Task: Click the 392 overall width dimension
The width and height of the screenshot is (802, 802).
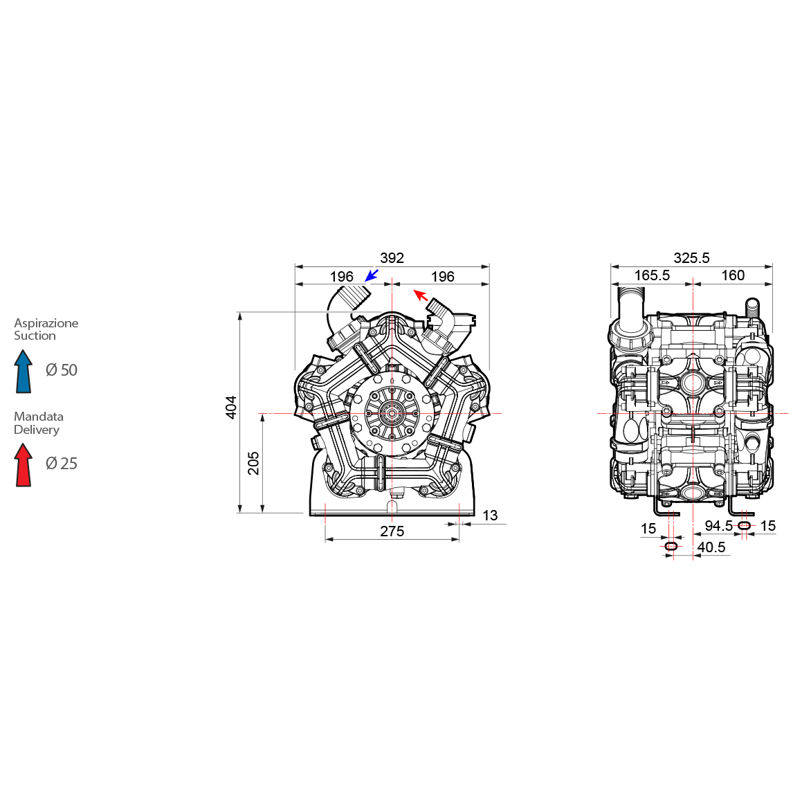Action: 392,258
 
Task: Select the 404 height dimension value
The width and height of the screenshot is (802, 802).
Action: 231,407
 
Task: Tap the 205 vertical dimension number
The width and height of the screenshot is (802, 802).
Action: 253,463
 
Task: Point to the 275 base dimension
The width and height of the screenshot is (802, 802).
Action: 392,531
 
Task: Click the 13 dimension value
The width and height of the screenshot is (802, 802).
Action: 490,516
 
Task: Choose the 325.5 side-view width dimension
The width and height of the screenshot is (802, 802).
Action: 691,258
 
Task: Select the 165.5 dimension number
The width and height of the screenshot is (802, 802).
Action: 652,275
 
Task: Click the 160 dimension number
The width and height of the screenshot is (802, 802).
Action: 733,275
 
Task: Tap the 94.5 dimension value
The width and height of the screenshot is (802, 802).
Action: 719,526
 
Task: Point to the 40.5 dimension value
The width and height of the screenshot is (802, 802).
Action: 711,547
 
